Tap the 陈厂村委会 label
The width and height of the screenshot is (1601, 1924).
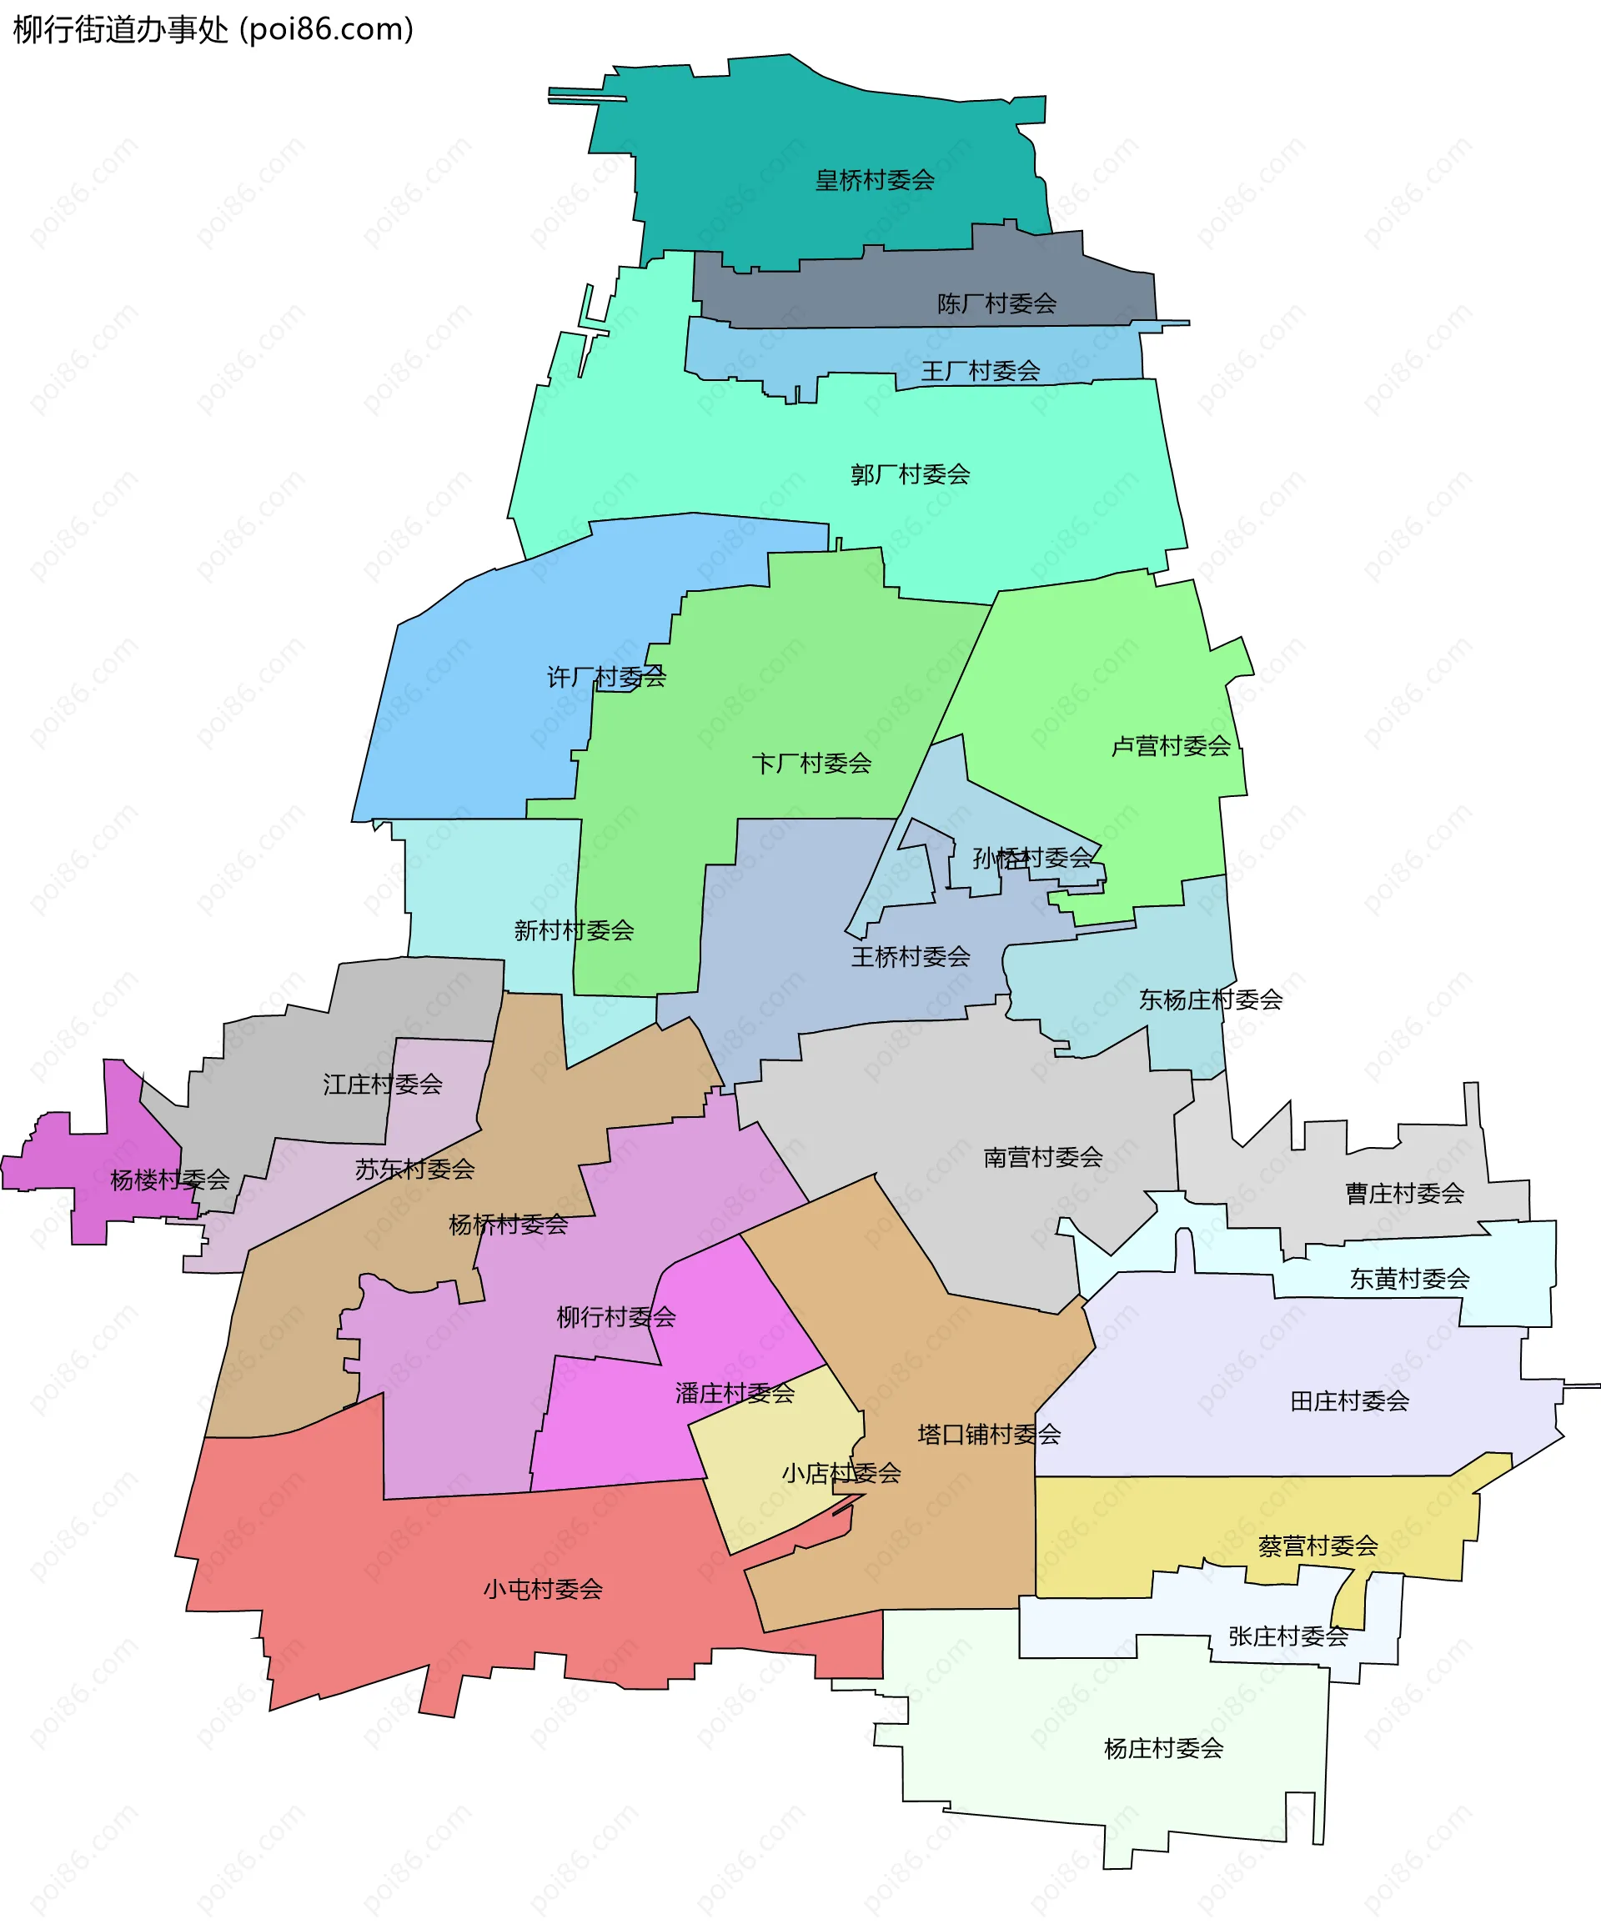click(996, 303)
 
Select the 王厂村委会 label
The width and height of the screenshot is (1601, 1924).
click(980, 371)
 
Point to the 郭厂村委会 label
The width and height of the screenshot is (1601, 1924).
click(909, 474)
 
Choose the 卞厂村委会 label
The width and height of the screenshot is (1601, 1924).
click(811, 764)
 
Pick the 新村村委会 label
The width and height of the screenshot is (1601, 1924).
click(574, 931)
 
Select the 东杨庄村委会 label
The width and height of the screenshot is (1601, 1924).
click(1210, 1000)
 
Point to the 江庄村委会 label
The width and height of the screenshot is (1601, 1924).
click(382, 1085)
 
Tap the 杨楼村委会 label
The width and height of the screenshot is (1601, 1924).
click(169, 1180)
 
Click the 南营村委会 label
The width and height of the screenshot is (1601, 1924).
click(1043, 1157)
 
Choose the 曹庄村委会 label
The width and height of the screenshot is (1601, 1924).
click(1404, 1193)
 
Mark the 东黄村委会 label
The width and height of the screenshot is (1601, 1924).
click(1408, 1278)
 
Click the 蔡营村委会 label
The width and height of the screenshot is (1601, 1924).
click(1317, 1546)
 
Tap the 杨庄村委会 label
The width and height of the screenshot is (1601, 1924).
click(1163, 1748)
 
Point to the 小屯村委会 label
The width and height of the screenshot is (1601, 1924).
click(543, 1589)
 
